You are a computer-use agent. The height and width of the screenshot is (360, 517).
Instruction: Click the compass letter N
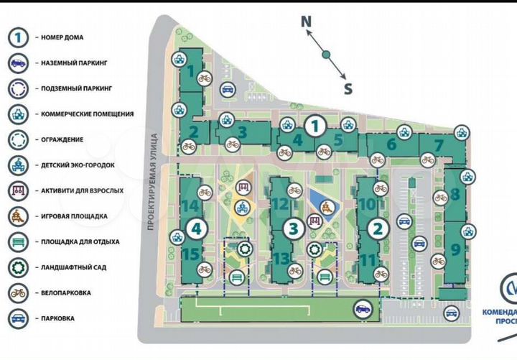click(x=306, y=22)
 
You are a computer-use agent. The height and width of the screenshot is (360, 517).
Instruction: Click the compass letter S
click(x=348, y=89)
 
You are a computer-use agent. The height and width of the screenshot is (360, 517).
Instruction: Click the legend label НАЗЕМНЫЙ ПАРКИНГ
click(x=74, y=63)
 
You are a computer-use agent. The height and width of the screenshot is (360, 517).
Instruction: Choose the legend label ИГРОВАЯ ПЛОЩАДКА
click(x=74, y=216)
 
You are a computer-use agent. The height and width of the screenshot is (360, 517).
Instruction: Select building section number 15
click(x=190, y=254)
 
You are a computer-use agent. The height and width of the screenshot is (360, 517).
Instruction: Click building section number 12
click(x=279, y=205)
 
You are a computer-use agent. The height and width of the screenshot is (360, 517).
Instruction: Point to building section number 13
click(x=281, y=258)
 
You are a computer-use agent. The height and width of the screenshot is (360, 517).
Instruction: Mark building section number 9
click(x=455, y=251)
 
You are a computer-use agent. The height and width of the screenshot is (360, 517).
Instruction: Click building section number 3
click(x=243, y=132)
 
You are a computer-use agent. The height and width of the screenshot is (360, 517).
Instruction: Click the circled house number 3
click(x=292, y=230)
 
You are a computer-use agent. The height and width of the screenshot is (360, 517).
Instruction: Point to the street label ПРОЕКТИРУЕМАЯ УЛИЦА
click(x=152, y=187)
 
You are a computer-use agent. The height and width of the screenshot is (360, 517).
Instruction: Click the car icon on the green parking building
click(x=363, y=310)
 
